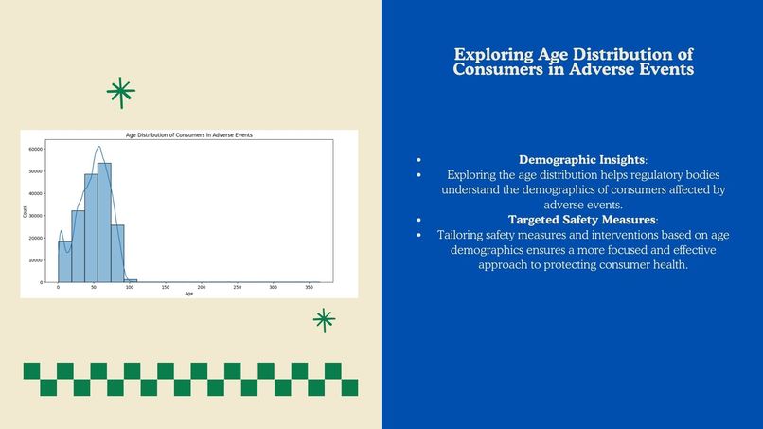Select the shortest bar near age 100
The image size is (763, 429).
[131, 280]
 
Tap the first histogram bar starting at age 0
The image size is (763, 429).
[64, 261]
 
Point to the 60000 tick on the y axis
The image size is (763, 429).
[36, 150]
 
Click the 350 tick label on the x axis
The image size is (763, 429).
[309, 287]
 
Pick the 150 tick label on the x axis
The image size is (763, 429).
[166, 287]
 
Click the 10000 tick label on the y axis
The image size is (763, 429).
[36, 260]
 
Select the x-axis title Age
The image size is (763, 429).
[188, 294]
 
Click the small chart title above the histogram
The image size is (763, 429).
[188, 135]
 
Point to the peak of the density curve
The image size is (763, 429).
[98, 147]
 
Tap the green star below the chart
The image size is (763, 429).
[325, 320]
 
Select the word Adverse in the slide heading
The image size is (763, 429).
[605, 70]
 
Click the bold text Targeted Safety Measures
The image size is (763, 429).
[581, 220]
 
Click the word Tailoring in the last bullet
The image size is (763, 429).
[464, 235]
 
